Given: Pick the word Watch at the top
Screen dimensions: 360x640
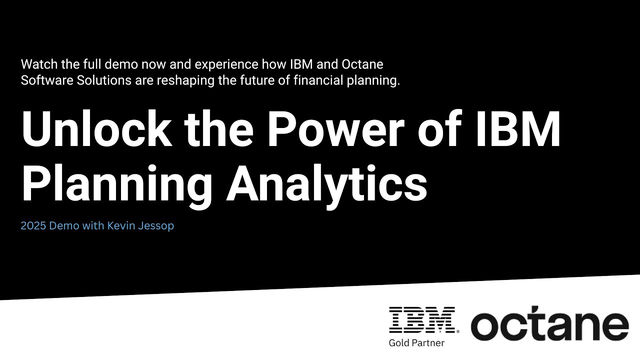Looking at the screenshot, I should click(x=36, y=64).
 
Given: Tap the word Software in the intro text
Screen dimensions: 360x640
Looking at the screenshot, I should click(x=44, y=80).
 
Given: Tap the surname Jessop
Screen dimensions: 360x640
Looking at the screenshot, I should click(x=156, y=226).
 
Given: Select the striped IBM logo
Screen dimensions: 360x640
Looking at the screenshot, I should click(x=423, y=320).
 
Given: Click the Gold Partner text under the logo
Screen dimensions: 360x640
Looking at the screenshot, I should click(x=416, y=342).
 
